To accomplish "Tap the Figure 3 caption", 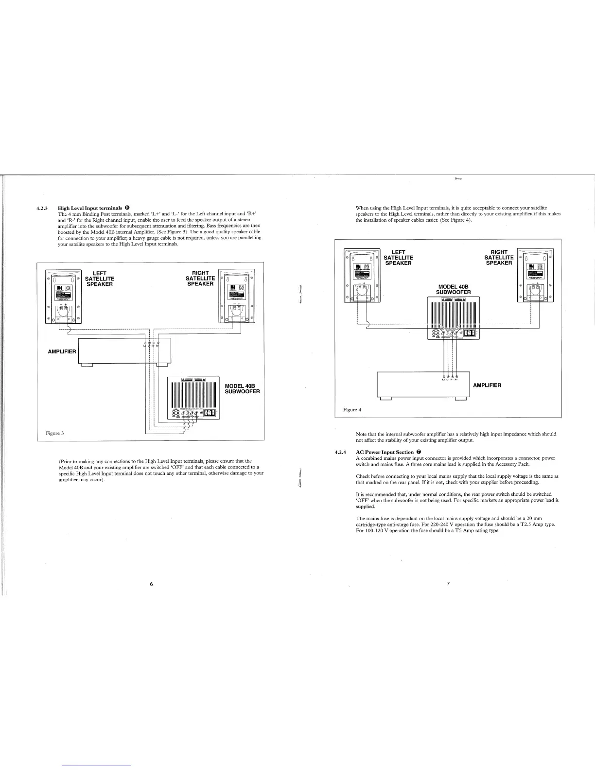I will pyautogui.click(x=55, y=433).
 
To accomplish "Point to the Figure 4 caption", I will pyautogui.click(x=352, y=410).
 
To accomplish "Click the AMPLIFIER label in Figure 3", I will pyautogui.click(x=62, y=351).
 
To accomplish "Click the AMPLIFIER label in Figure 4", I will pyautogui.click(x=487, y=385).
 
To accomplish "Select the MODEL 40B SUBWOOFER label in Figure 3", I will pyautogui.click(x=243, y=388).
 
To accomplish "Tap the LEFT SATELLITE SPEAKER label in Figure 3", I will pyautogui.click(x=100, y=279).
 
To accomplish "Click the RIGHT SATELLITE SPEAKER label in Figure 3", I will pyautogui.click(x=200, y=279).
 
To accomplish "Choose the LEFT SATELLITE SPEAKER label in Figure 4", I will pyautogui.click(x=398, y=258).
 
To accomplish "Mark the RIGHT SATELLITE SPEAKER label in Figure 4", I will pyautogui.click(x=499, y=258).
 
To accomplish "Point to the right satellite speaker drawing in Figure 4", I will pyautogui.click(x=535, y=275).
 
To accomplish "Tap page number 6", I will pyautogui.click(x=152, y=584).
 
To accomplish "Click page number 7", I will pyautogui.click(x=448, y=584).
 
